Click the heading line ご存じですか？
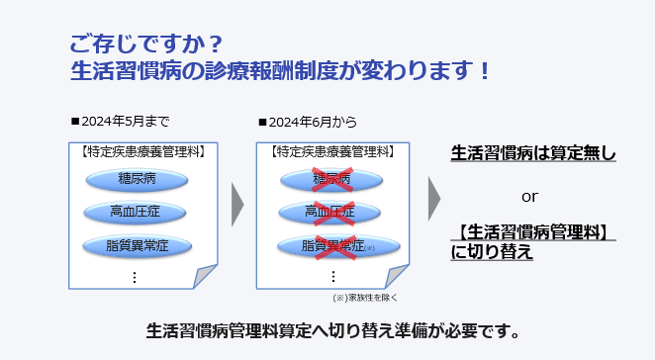[x=146, y=44]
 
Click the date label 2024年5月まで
[x=121, y=122]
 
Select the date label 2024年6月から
[x=308, y=122]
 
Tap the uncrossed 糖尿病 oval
[x=137, y=180]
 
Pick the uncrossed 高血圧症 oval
[x=135, y=213]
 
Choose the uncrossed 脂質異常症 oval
[x=137, y=246]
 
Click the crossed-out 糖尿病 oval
[x=331, y=180]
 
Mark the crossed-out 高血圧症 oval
[x=329, y=213]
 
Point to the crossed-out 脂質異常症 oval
[x=338, y=246]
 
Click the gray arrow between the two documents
[x=236, y=205]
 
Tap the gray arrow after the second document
[x=434, y=199]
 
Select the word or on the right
[x=529, y=197]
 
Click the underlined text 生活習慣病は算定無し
[x=533, y=153]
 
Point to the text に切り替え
[x=492, y=252]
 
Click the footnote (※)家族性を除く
[x=365, y=298]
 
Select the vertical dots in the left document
[x=135, y=277]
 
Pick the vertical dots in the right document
[x=332, y=277]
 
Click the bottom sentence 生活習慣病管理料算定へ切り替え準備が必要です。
[x=332, y=331]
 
